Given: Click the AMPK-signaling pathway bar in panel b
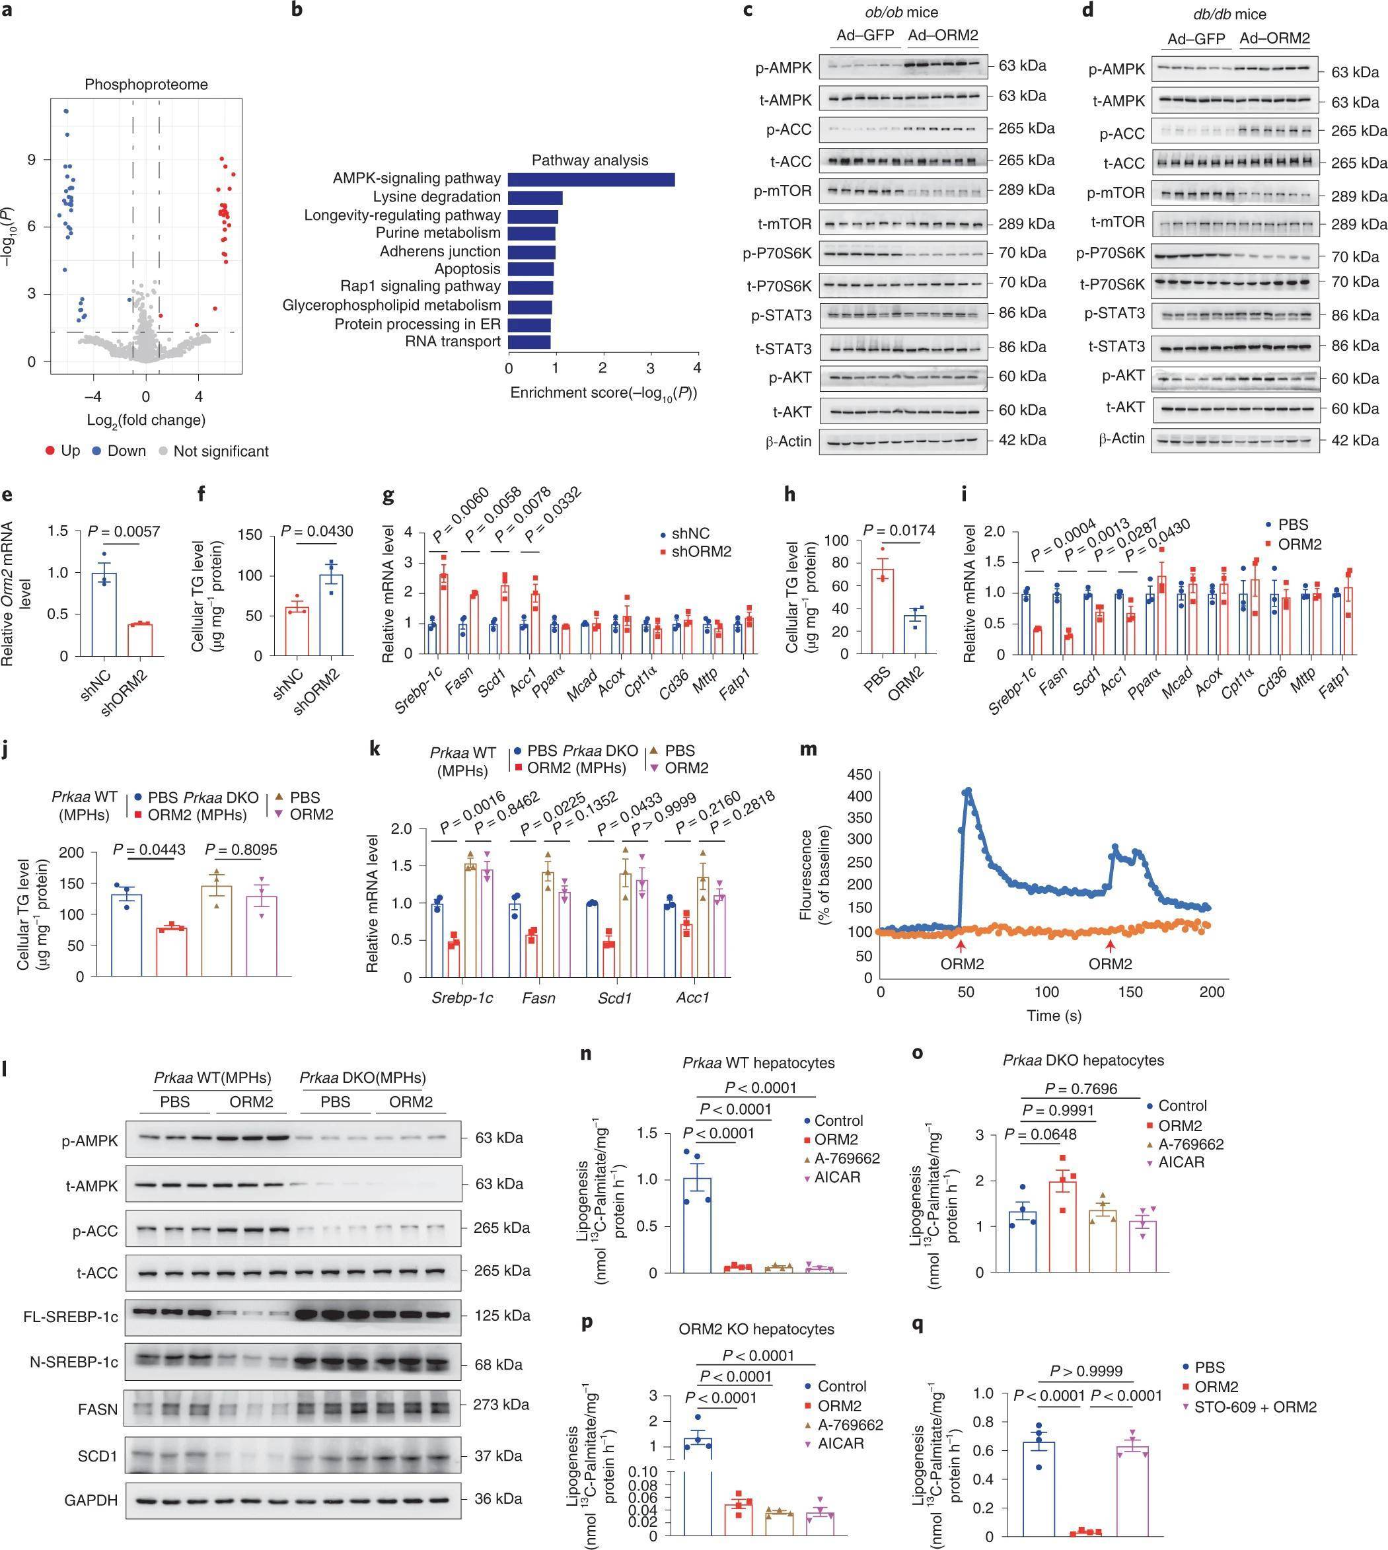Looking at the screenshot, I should [x=591, y=179].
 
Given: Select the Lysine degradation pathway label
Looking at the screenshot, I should [x=436, y=197].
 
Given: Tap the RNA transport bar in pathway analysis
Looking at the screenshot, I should [x=529, y=342].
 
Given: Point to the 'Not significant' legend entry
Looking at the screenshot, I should [x=221, y=451].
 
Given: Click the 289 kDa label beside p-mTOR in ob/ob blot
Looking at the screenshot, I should [x=1027, y=190].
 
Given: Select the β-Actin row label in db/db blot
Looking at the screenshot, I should [x=1121, y=439].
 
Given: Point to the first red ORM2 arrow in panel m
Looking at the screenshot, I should [x=962, y=947].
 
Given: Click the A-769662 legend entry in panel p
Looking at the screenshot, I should [x=850, y=1424].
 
